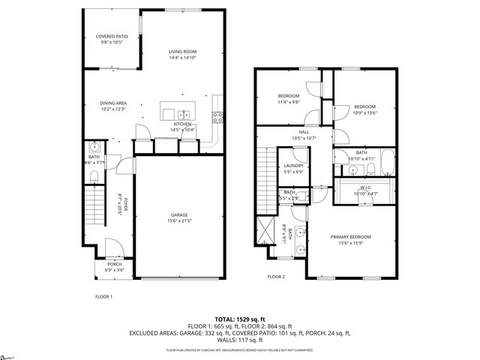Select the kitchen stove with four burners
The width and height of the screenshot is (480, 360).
coord(217,116)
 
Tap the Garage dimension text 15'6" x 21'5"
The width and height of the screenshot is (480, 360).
coord(180,220)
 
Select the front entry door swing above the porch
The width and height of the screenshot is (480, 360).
coord(112,248)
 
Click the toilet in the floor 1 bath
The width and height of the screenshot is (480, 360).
coord(93,176)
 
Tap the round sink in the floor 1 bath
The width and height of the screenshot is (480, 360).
coord(94,146)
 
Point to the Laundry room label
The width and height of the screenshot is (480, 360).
coord(292,169)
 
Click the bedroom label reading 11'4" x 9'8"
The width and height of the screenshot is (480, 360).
coord(289,102)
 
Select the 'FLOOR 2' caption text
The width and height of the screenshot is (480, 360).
coord(277,276)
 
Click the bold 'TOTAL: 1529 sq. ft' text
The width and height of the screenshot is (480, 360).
coord(240,319)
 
